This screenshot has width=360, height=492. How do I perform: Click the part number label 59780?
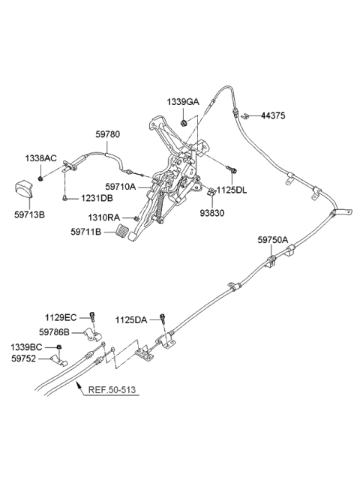coord(107,134)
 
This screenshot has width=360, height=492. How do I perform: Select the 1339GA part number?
coord(183,101)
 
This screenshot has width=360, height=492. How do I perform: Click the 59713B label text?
coord(27,214)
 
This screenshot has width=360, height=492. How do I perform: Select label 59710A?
coord(120,186)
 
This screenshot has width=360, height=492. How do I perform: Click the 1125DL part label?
coord(231,190)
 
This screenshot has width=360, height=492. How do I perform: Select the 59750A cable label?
coord(272,239)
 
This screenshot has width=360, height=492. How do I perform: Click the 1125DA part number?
coord(131,319)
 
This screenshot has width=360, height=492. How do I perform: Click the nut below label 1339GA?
coord(184,118)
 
